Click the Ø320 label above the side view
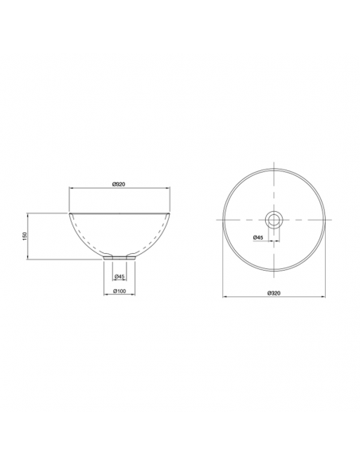point(119,184)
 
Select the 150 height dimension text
point(25,236)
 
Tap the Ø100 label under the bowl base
point(119,291)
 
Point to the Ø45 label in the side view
point(119,276)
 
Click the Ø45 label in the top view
point(258,237)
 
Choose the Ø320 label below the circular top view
point(274,293)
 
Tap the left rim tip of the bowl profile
point(70,213)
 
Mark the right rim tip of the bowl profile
point(169,213)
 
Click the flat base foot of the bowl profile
point(119,258)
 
